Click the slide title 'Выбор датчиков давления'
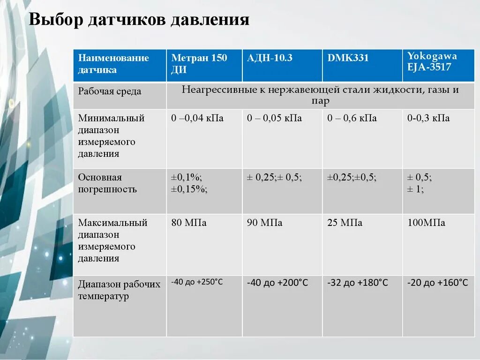pyautogui.click(x=139, y=21)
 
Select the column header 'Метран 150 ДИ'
pyautogui.click(x=199, y=64)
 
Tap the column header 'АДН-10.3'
pyautogui.click(x=270, y=58)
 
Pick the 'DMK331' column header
pyautogui.click(x=348, y=58)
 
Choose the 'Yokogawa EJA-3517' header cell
pyautogui.click(x=432, y=61)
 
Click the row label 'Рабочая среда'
pyautogui.click(x=110, y=91)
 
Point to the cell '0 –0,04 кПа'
pyautogui.click(x=197, y=118)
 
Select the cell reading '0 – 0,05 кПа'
pyautogui.click(x=275, y=118)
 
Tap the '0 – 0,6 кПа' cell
pyautogui.click(x=352, y=118)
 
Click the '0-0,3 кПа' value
pyautogui.click(x=428, y=118)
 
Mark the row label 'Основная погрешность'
pyautogui.click(x=107, y=183)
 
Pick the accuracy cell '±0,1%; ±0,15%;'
pyautogui.click(x=190, y=183)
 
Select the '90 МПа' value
pyautogui.click(x=265, y=223)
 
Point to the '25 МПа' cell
pyautogui.click(x=345, y=223)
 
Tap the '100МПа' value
pyautogui.click(x=426, y=223)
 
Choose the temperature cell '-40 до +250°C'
pyautogui.click(x=197, y=282)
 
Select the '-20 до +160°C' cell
pyautogui.click(x=437, y=283)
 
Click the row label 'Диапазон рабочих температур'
pyautogui.click(x=119, y=290)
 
